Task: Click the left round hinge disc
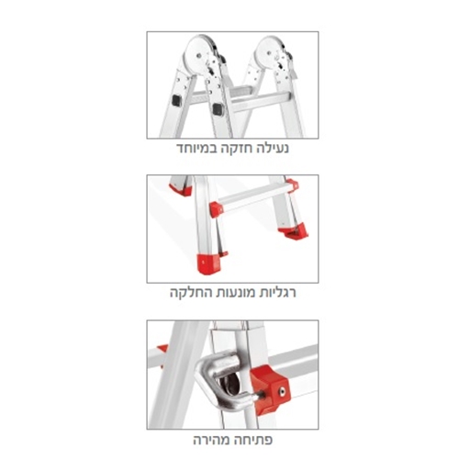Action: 199,55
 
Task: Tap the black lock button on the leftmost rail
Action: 177,101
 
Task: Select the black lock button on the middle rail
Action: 218,109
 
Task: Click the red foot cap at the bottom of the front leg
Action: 208,264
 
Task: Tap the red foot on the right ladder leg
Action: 294,231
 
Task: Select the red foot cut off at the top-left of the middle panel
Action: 181,190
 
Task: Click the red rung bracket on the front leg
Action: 217,209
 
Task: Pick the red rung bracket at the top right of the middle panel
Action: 292,185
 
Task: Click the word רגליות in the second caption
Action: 278,293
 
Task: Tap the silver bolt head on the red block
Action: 282,390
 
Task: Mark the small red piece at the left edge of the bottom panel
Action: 162,350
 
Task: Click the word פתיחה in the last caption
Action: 254,440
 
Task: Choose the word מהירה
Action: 213,440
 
